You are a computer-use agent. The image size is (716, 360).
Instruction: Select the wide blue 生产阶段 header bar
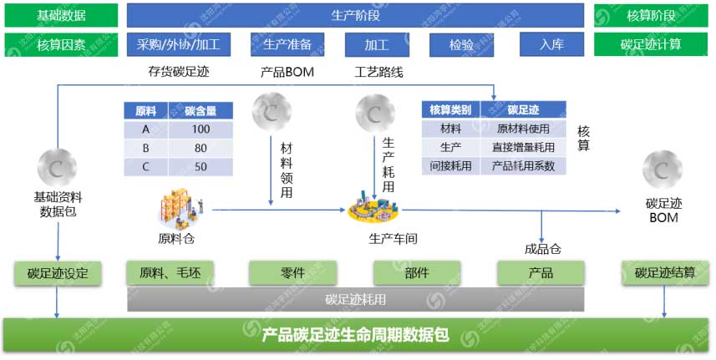coord(355,15)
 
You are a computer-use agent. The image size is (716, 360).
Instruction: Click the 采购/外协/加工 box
coord(180,44)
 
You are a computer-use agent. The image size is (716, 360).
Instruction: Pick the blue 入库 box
coord(551,44)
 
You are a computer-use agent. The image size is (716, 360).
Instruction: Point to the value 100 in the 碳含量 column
coord(200,129)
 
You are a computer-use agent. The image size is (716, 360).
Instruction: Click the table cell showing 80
coord(200,148)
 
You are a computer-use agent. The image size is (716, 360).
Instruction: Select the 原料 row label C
coord(145,166)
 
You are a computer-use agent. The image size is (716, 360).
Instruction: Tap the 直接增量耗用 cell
coord(523,147)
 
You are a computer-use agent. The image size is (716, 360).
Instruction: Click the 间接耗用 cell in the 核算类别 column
coord(451,165)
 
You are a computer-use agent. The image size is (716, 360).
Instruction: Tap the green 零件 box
coord(293,272)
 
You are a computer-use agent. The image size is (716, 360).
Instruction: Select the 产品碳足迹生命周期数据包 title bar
coord(355,336)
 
